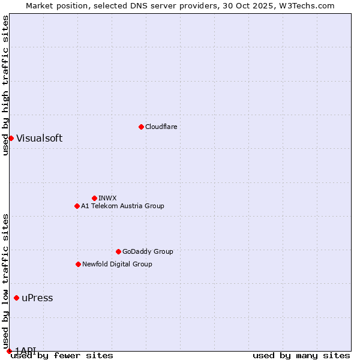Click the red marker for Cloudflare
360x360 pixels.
(x=141, y=127)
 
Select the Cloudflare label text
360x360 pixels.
(x=161, y=127)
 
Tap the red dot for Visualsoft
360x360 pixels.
(x=11, y=138)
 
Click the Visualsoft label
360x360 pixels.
(x=39, y=138)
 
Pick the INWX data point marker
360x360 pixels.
(x=94, y=198)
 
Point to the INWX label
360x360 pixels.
(x=107, y=198)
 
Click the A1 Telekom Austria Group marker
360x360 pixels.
(x=77, y=206)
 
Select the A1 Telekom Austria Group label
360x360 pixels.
(x=122, y=206)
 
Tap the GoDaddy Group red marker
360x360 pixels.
(x=118, y=251)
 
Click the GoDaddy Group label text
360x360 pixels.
(x=147, y=251)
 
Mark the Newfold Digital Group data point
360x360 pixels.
(x=78, y=264)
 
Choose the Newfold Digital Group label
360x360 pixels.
(x=117, y=264)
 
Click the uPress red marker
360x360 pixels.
(x=16, y=298)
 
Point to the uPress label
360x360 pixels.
(x=37, y=298)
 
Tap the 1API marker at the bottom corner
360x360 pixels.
(x=9, y=350)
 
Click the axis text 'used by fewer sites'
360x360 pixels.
(x=62, y=356)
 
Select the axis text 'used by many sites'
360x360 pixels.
(x=301, y=356)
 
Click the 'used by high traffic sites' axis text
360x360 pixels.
(x=5, y=85)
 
